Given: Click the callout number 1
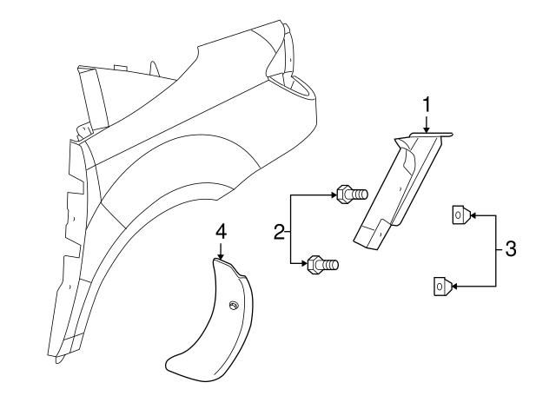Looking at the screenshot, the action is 427,105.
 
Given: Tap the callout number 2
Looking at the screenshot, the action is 279,232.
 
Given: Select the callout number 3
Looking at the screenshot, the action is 510,248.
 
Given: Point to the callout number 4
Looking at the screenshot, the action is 221,233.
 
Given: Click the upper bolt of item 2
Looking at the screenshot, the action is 352,194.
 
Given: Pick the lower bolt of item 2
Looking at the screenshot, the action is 322,264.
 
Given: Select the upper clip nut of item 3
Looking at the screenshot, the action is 461,214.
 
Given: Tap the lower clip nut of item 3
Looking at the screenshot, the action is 442,286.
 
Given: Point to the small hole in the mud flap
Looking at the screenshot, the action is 234,307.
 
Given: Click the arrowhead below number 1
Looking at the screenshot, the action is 427,129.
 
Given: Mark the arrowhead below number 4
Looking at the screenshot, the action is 221,256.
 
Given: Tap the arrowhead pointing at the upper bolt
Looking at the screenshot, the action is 333,195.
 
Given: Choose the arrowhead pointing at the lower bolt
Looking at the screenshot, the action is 304,263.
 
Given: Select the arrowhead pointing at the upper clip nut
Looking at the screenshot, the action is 473,214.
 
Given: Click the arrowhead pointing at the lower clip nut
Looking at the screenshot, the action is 455,286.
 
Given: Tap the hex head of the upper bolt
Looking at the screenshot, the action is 342,194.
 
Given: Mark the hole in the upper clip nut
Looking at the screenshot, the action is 458,214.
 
